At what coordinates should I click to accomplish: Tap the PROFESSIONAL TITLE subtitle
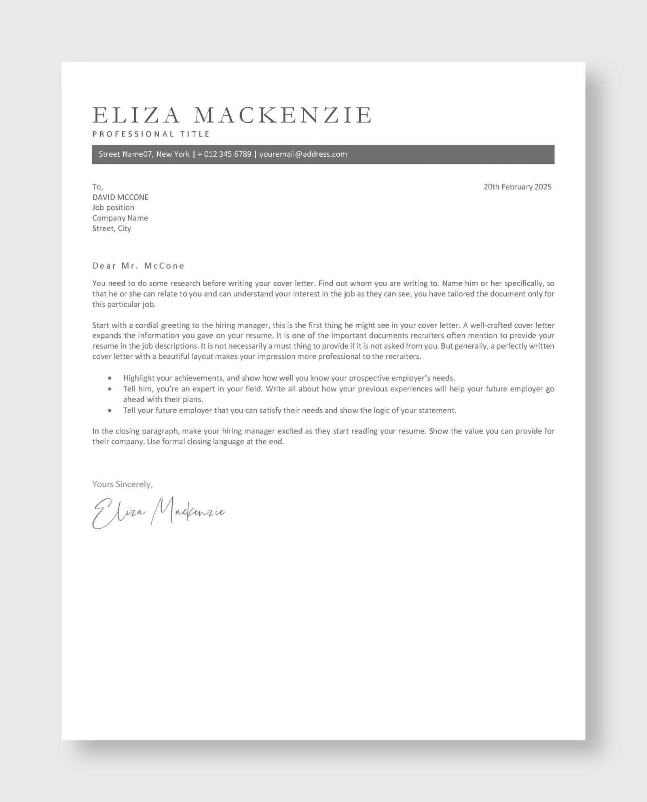pyautogui.click(x=151, y=134)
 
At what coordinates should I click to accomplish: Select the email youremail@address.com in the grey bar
pyautogui.click(x=303, y=154)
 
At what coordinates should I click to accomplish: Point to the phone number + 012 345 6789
pyautogui.click(x=224, y=154)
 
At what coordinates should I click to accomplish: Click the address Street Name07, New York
pyautogui.click(x=144, y=154)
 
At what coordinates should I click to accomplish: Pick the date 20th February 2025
pyautogui.click(x=517, y=187)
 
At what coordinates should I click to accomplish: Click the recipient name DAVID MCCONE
pyautogui.click(x=120, y=197)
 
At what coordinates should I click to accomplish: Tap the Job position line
pyautogui.click(x=113, y=208)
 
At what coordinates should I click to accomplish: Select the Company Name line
pyautogui.click(x=120, y=218)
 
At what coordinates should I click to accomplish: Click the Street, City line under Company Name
pyautogui.click(x=112, y=229)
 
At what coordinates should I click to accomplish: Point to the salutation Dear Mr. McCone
pyautogui.click(x=138, y=266)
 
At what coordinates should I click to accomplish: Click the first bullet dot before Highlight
pyautogui.click(x=110, y=378)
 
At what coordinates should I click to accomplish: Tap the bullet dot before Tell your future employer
pyautogui.click(x=110, y=411)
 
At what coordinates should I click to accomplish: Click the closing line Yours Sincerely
pyautogui.click(x=123, y=484)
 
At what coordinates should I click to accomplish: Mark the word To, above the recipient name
pyautogui.click(x=97, y=187)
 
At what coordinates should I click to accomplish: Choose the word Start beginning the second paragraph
pyautogui.click(x=101, y=325)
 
